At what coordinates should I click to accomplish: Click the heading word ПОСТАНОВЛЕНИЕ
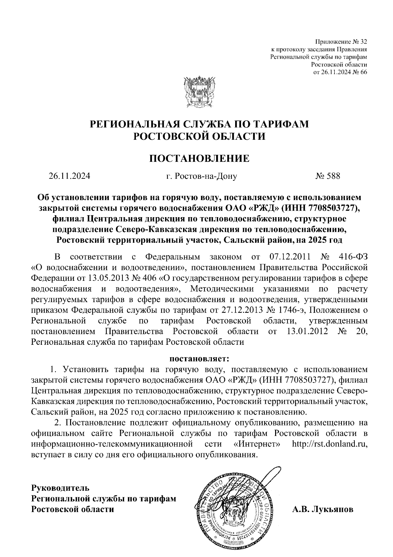(x=199, y=158)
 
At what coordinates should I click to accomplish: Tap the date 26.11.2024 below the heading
(x=69, y=176)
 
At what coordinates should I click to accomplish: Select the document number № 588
(x=328, y=176)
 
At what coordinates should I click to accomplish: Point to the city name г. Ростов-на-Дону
(x=201, y=176)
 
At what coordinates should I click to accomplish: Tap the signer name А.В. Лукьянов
(x=323, y=509)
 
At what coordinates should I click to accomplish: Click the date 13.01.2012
(x=307, y=331)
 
